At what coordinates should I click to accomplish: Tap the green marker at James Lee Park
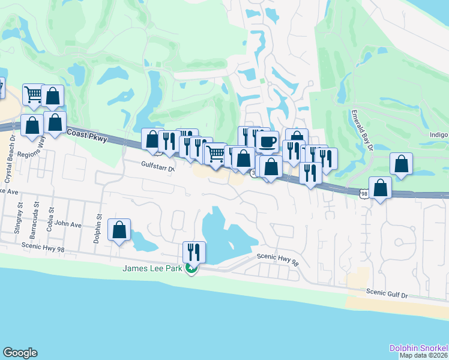pyautogui.click(x=191, y=269)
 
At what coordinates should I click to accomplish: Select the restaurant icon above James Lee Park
pyautogui.click(x=194, y=251)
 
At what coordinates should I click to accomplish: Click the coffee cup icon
pyautogui.click(x=267, y=142)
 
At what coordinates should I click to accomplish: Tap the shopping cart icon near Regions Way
pyautogui.click(x=34, y=94)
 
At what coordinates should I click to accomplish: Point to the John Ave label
pyautogui.click(x=67, y=224)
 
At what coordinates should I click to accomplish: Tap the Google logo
pyautogui.click(x=20, y=353)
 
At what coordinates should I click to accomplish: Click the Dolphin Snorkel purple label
pyautogui.click(x=418, y=348)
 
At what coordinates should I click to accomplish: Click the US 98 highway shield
pyautogui.click(x=364, y=194)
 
